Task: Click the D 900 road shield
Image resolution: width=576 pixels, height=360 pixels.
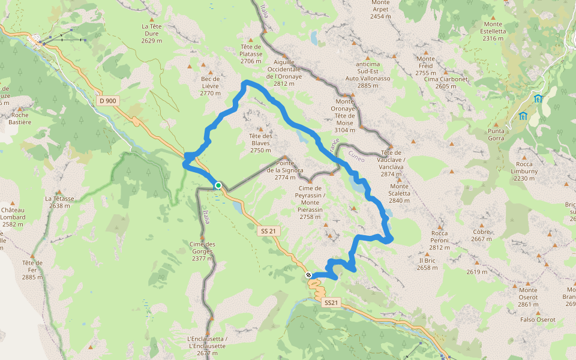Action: pyautogui.click(x=108, y=101)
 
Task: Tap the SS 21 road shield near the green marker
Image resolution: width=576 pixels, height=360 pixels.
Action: pyautogui.click(x=269, y=231)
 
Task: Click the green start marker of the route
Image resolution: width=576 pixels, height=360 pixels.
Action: pyautogui.click(x=218, y=186)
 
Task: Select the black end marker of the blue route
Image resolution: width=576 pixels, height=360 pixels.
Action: pyautogui.click(x=309, y=275)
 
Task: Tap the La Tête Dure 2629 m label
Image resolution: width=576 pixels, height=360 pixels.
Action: pyautogui.click(x=152, y=34)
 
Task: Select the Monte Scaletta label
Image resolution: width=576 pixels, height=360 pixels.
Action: pyautogui.click(x=399, y=193)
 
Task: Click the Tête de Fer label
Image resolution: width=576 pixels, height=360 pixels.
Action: pyautogui.click(x=32, y=269)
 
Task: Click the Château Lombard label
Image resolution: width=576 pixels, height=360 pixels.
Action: pyautogui.click(x=13, y=217)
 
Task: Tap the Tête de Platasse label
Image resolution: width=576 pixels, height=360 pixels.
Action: pyautogui.click(x=251, y=54)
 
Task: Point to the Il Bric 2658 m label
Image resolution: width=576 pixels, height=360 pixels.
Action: pyautogui.click(x=427, y=264)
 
